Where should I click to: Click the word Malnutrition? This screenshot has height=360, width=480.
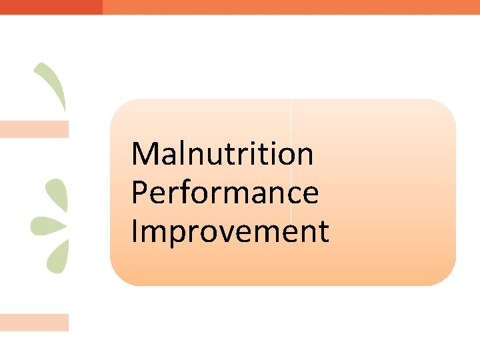coord(223,154)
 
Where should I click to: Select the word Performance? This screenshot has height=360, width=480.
coord(225,193)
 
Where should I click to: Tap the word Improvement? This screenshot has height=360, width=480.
coord(230,231)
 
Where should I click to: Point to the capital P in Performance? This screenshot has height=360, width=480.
coord(139,193)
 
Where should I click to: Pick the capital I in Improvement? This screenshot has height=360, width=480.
coord(134,231)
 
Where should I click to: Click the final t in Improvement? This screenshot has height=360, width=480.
coord(323,232)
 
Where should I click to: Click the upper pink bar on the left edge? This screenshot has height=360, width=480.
coord(34,129)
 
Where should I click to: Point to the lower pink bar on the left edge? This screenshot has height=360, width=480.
coord(34,323)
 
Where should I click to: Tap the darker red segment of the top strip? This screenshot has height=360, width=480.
coord(51,7)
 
